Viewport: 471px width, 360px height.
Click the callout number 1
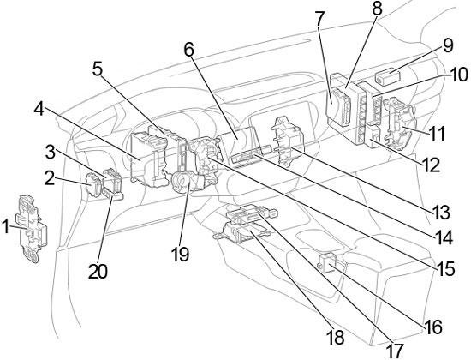point(6,227)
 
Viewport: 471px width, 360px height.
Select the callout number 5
point(98,69)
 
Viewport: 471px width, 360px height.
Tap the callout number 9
point(447,46)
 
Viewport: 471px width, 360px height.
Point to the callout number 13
point(441,213)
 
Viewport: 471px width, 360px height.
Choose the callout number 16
point(432,327)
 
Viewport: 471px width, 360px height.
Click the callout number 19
point(180,255)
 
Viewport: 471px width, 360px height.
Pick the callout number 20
point(98,272)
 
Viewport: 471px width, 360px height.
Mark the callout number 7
point(319,18)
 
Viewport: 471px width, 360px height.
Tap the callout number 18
point(335,338)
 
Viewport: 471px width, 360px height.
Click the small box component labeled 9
point(387,75)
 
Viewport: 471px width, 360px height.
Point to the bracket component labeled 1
point(33,229)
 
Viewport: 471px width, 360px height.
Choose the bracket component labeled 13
point(288,141)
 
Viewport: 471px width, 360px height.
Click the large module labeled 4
point(149,159)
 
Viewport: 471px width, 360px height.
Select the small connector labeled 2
point(94,185)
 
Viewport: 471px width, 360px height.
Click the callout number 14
point(444,237)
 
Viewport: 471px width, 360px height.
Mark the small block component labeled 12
point(373,136)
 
